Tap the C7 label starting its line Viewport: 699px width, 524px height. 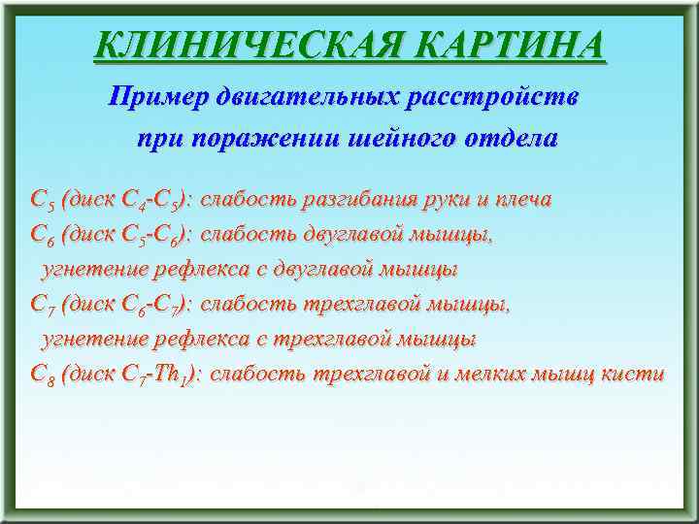point(42,305)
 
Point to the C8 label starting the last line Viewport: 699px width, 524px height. point(42,375)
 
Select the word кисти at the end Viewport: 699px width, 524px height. point(636,374)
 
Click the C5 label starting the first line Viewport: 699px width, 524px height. point(42,200)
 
